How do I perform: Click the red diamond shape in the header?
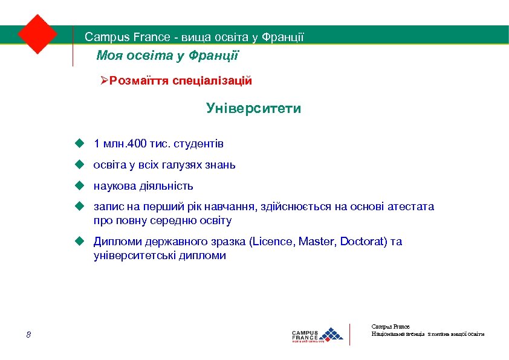[x=37, y=34]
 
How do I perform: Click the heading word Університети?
[x=253, y=109]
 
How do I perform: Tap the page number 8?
[x=28, y=335]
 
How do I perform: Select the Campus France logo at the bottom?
[x=317, y=334]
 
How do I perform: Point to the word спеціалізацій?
[x=212, y=80]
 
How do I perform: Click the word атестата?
[x=410, y=207]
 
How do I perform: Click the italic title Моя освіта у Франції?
[x=168, y=56]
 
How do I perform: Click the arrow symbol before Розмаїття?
[x=104, y=80]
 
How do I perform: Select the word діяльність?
[x=168, y=185]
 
